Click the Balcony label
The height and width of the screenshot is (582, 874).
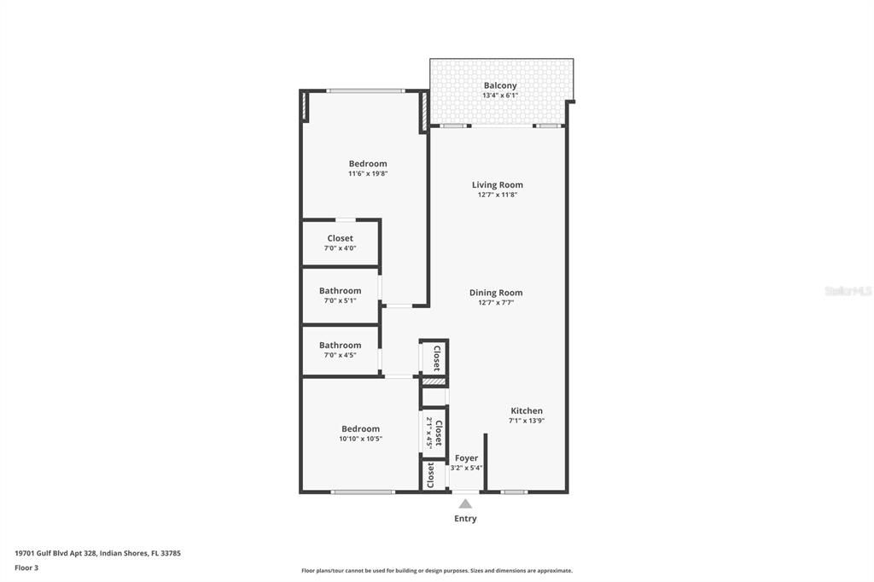point(500,85)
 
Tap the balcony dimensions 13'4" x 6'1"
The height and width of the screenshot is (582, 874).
point(500,96)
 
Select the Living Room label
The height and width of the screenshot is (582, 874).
point(498,184)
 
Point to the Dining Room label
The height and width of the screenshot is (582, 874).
point(496,293)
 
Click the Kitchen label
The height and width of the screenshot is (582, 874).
point(527,410)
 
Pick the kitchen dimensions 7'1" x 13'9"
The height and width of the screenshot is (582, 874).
point(527,421)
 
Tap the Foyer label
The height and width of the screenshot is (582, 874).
point(466,458)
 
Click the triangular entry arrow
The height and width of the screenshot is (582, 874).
point(465,503)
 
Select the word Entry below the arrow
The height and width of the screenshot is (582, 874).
point(465,518)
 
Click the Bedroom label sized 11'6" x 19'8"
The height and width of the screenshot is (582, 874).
point(368,164)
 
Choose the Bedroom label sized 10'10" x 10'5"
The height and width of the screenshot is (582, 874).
point(361,429)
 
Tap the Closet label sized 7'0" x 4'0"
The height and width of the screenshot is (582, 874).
point(340,238)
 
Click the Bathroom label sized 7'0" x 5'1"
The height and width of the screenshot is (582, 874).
point(340,291)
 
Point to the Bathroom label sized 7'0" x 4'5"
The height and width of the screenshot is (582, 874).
point(340,346)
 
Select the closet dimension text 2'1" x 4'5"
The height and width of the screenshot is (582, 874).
point(428,434)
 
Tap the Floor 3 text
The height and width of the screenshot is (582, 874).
point(26,567)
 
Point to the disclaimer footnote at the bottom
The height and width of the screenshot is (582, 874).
point(436,571)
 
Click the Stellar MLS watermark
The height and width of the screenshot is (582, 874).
point(848,291)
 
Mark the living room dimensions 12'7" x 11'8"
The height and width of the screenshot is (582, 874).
point(498,195)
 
